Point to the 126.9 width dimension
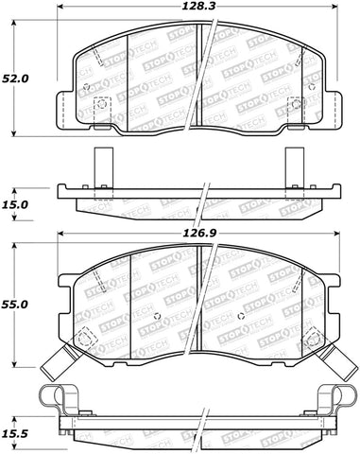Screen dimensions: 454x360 (206, 228)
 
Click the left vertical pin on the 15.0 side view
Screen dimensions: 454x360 (105, 167)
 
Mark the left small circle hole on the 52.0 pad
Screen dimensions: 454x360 (88, 90)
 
